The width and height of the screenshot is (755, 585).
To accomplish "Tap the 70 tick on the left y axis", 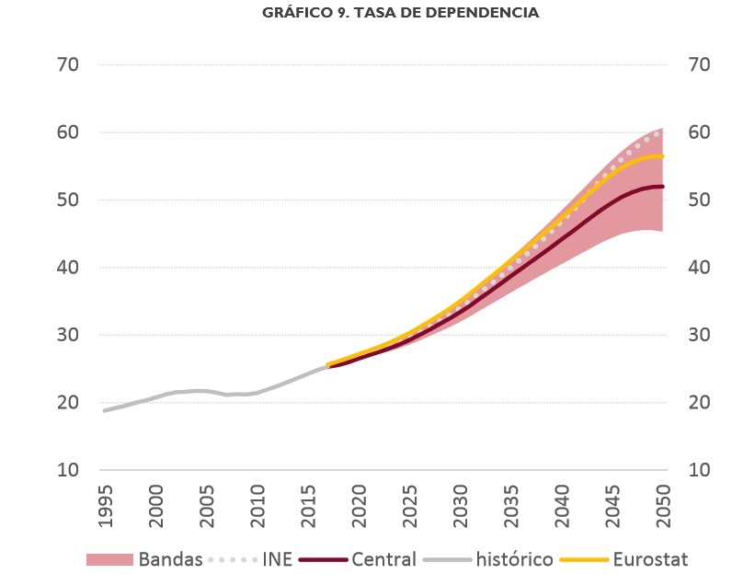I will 69,65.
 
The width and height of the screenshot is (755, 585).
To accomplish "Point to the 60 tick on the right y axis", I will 700,132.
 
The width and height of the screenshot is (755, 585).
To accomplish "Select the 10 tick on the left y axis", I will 69,470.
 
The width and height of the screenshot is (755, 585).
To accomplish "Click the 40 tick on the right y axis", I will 700,268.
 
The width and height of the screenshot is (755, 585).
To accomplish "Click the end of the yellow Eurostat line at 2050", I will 663,156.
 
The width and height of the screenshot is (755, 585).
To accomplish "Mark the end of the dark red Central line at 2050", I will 663,187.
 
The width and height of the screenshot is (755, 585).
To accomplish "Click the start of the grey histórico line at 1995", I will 104,410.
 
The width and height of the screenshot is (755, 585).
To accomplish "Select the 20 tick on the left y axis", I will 69,403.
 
